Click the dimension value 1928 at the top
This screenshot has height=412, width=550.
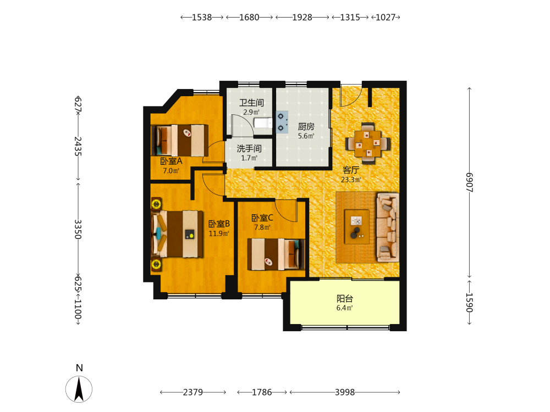302,17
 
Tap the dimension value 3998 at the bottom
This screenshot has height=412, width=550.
345,392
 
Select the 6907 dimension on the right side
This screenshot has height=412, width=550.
469,182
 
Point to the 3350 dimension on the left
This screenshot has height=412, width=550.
78,229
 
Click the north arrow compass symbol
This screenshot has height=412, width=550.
79,389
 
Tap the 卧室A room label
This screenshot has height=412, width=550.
171,161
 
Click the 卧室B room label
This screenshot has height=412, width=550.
219,224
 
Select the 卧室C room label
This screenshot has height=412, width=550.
262,218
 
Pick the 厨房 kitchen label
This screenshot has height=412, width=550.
306,126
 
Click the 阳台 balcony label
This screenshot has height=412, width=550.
345,298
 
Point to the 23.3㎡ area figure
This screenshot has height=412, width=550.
351,180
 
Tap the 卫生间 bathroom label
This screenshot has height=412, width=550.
251,103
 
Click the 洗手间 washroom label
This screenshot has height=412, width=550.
249,148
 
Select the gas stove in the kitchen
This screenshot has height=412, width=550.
282,122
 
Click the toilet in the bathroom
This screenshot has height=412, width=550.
263,123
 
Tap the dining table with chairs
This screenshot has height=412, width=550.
367,143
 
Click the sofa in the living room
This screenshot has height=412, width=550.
388,227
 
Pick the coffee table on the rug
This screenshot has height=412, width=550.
357,227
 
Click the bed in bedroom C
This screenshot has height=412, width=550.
276,254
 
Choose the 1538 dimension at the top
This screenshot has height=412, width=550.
202,17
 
